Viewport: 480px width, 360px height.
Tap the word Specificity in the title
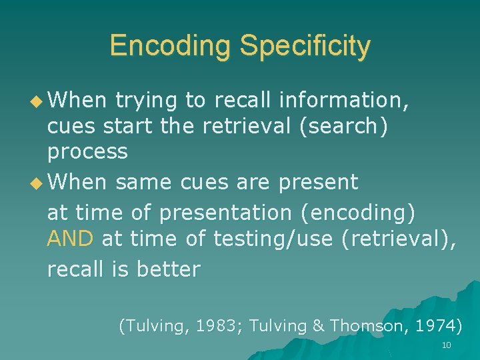point(305,46)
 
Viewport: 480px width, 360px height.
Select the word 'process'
point(87,151)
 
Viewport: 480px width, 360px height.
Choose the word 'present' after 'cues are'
point(319,181)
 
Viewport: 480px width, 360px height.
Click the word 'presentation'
point(225,213)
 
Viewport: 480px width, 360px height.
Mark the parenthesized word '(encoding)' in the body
point(357,213)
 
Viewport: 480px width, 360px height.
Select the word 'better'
point(168,269)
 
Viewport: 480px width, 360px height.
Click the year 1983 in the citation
point(218,325)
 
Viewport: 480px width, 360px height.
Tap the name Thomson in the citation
point(361,325)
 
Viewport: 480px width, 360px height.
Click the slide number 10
point(446,345)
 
